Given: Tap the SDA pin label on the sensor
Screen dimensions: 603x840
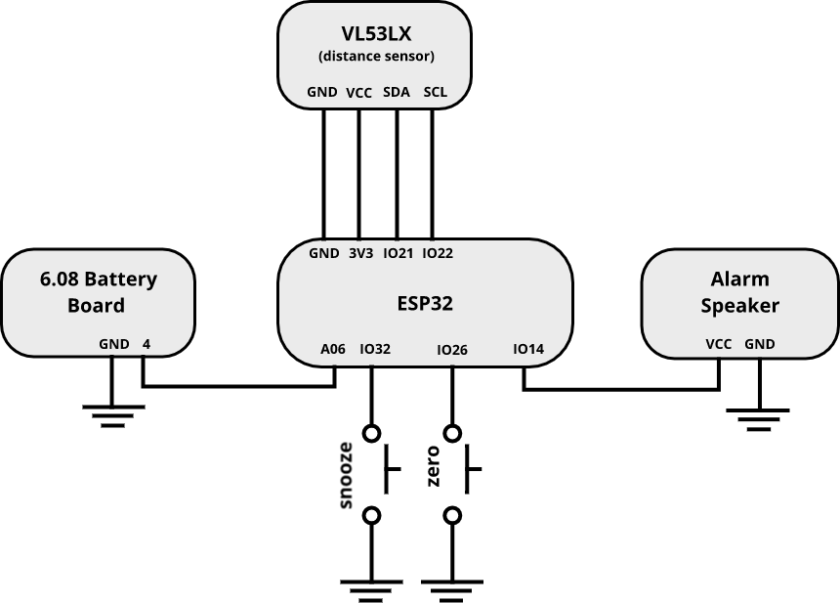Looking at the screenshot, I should (396, 94).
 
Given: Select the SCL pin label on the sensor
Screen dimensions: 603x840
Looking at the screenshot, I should (435, 94).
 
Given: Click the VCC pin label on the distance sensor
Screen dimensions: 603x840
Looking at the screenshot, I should (359, 94).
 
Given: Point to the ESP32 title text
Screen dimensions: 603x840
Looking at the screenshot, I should (425, 304).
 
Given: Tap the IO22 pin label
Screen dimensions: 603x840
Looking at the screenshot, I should (438, 253).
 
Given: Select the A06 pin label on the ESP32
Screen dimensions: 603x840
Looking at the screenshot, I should (333, 349).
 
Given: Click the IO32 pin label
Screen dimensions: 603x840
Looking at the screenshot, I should (375, 349).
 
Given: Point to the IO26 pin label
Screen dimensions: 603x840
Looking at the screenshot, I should (452, 349).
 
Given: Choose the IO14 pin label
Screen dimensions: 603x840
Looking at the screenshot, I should (528, 349).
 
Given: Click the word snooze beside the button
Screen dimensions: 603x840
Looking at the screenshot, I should (346, 475).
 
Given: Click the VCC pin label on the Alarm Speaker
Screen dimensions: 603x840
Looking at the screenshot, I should (719, 344).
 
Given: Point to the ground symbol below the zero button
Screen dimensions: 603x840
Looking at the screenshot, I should (452, 588).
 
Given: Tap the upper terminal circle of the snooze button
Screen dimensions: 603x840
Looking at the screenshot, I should (371, 432).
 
